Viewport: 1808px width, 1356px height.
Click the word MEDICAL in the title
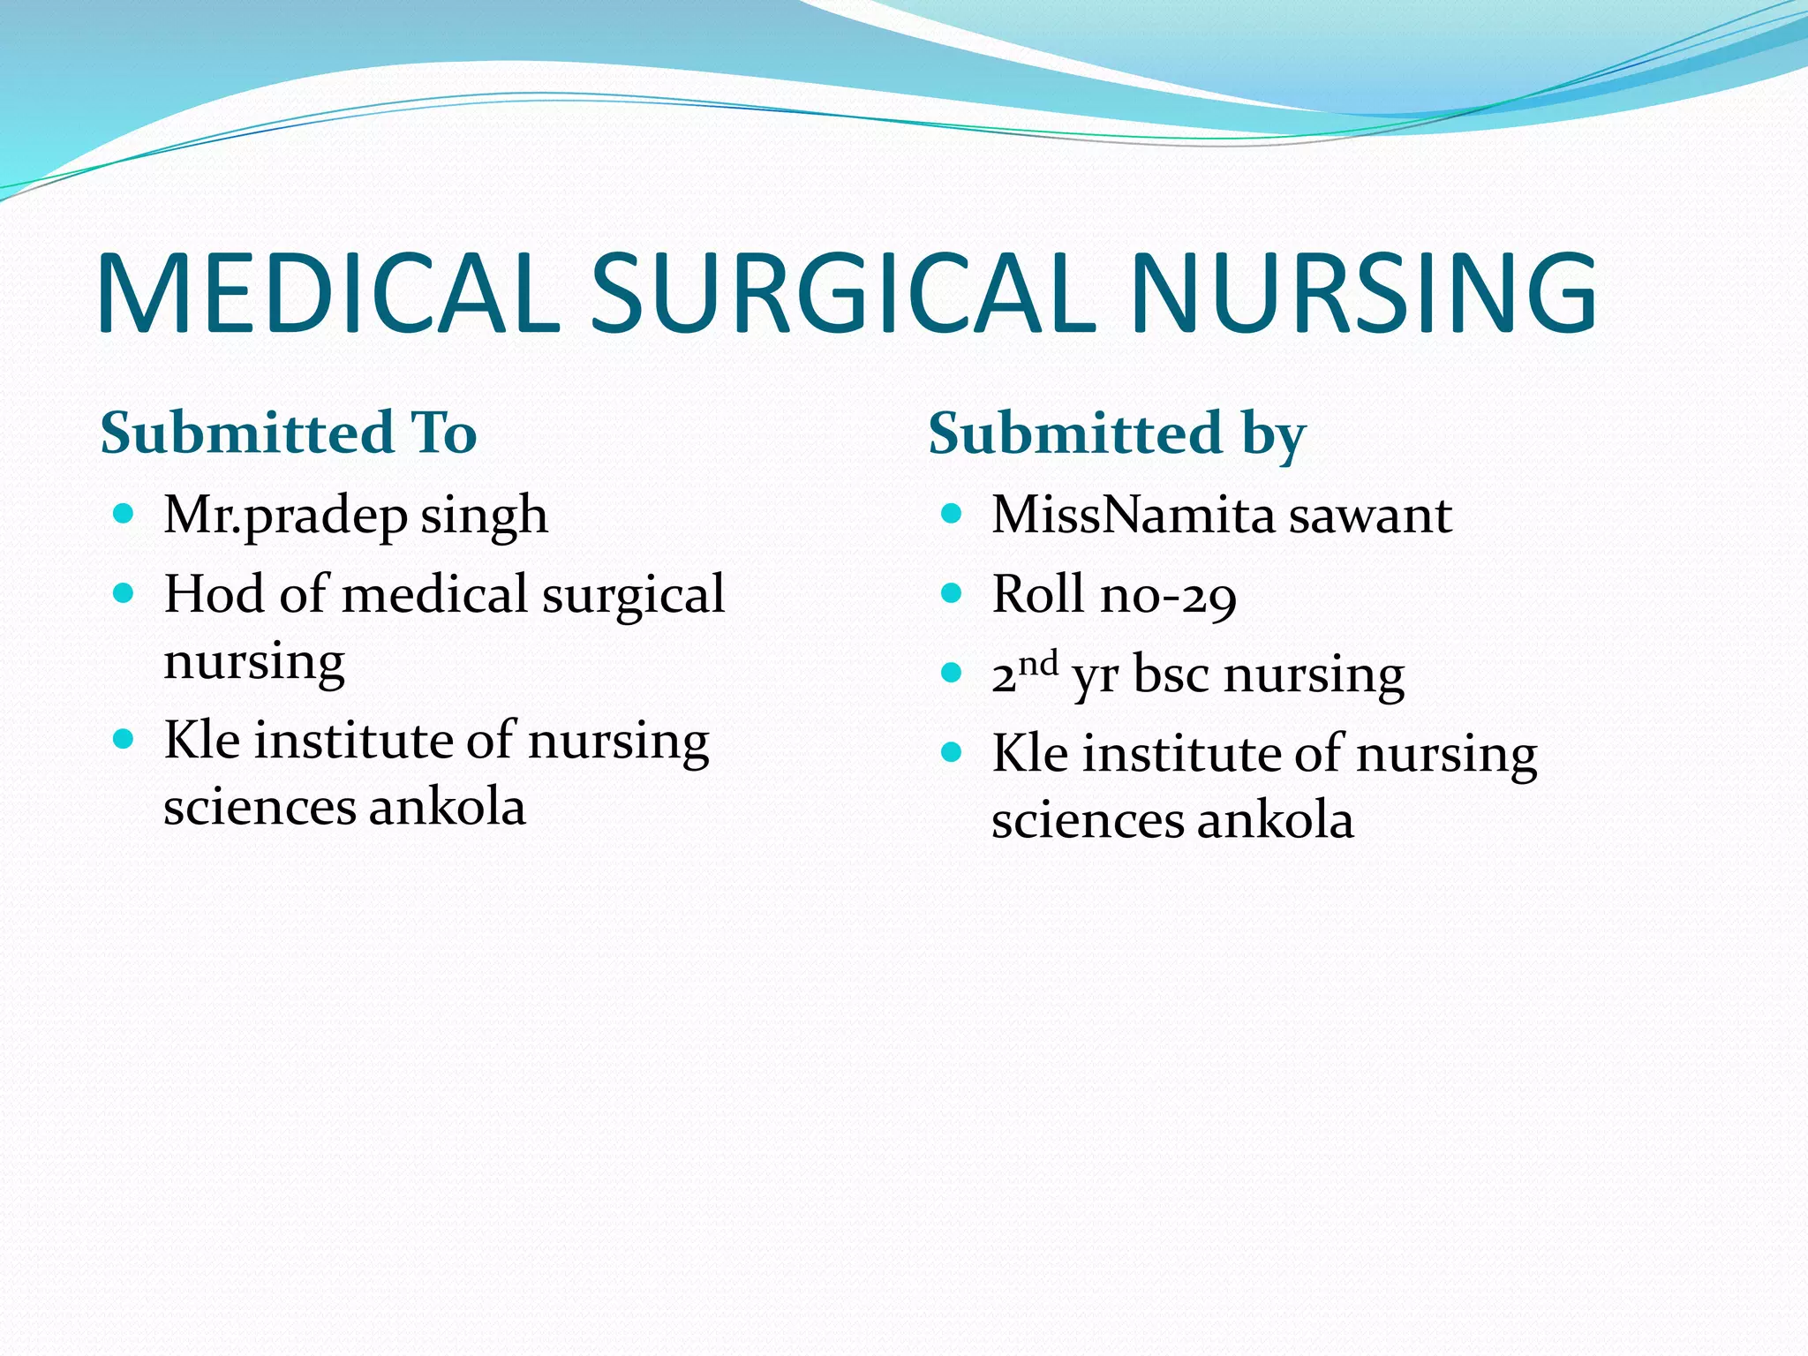(x=328, y=293)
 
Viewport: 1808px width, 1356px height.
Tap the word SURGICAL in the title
(x=844, y=293)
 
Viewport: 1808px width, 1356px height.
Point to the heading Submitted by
(x=1117, y=434)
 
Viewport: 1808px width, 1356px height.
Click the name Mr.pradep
(x=285, y=516)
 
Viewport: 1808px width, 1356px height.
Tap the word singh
(x=484, y=516)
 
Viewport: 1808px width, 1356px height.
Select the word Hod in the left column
(x=214, y=593)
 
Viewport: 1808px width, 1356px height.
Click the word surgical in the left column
(x=633, y=595)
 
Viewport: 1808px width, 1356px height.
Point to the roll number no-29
(x=1168, y=595)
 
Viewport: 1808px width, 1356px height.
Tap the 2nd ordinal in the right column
(x=1024, y=673)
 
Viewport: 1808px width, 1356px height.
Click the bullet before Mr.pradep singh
(x=124, y=513)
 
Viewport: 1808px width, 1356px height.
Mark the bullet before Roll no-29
(x=951, y=592)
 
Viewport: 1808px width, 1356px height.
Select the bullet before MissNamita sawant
(x=951, y=513)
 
